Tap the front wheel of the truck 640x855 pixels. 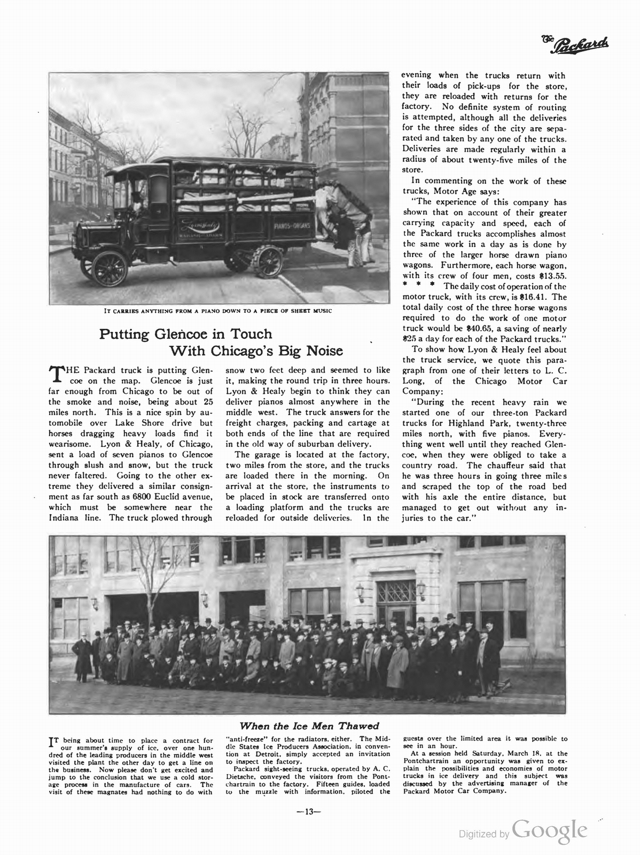109,268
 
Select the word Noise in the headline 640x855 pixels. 323,352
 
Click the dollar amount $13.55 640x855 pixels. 551,276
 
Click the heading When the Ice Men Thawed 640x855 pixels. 309,726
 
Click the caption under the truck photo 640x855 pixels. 217,311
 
